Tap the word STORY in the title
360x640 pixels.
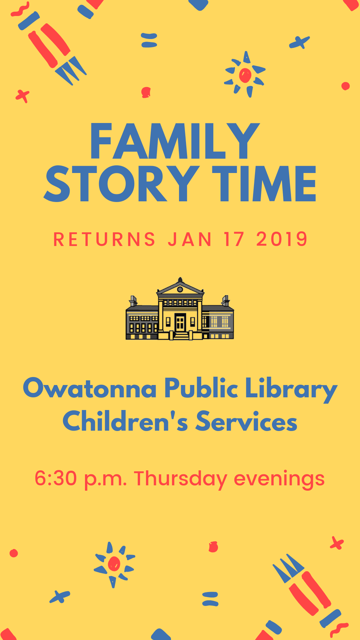(122, 184)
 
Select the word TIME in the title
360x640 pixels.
(264, 184)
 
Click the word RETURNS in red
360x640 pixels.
(104, 239)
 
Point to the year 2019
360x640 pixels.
(282, 239)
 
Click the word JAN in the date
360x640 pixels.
(190, 239)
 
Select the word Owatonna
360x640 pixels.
(90, 388)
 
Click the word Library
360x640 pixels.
(291, 389)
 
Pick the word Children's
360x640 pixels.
(125, 421)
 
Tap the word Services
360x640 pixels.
(246, 421)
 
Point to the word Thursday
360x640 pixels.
(180, 479)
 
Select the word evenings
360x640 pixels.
(279, 479)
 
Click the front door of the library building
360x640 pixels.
(180, 322)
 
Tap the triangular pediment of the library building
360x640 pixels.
(180, 289)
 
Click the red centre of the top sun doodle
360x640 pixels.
(245, 75)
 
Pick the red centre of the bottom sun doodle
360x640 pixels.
(114, 564)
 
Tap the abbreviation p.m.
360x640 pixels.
(105, 479)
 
